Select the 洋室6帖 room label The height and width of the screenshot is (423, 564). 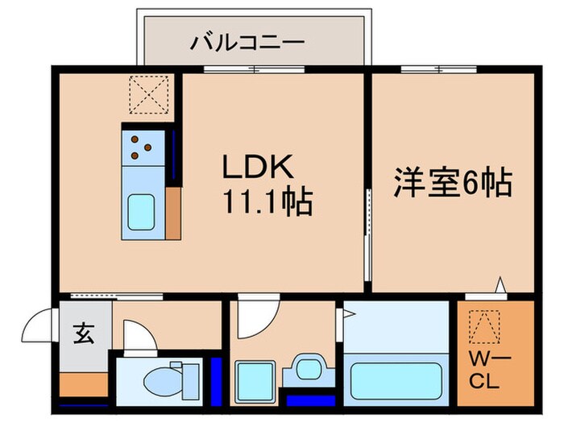point(453,183)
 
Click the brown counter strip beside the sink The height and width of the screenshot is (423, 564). point(173,213)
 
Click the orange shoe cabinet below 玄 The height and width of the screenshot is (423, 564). point(84,384)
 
